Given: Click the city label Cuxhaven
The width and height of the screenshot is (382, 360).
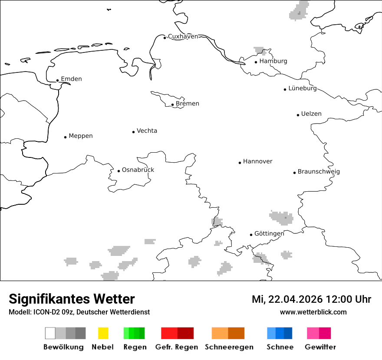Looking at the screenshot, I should pos(183,36).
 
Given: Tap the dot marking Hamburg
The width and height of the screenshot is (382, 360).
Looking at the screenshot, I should pos(256,62).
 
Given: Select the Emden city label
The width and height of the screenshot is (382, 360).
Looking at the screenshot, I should pos(71,79).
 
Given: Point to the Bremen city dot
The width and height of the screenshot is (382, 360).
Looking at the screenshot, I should pos(173,105).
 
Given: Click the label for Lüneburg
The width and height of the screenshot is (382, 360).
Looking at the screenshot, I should pos(303,88).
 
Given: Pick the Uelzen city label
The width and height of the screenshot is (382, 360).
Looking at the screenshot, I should pos(311,114).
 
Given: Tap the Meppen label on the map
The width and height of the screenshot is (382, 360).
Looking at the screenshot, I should pos(81,136).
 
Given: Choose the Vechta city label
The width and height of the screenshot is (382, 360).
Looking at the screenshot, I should pos(147,131).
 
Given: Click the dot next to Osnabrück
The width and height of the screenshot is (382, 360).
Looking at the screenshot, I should pos(119,171).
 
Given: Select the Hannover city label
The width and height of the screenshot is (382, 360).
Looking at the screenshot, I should pos(257,161).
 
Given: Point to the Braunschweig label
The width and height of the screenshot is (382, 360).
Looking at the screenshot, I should pos(319,172).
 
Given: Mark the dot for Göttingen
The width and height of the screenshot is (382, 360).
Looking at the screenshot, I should pos(251,235).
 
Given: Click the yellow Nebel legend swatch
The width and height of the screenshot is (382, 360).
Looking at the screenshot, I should pos(103,333).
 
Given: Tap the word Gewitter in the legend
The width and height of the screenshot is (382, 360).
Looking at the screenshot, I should pos(320,347).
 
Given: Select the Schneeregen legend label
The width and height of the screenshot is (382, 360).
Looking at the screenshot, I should pos(229,347).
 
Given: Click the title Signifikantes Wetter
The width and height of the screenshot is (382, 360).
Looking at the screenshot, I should pos(72,299).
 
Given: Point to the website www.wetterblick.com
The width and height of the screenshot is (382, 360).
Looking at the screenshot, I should pos(313,312).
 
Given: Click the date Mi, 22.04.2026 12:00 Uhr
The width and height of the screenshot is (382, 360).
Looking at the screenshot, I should pos(311,299).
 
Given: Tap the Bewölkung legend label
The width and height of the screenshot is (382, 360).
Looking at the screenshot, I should pos(63,347).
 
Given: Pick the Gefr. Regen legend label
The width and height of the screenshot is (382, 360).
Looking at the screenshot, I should pos(177,347).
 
